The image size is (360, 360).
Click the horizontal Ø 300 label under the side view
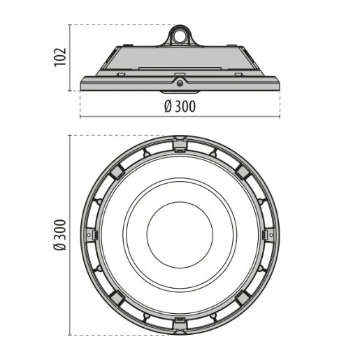(180, 106)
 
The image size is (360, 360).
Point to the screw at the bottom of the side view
(180, 84)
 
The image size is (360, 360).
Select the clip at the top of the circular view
(180, 145)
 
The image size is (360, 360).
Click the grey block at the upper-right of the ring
(243, 172)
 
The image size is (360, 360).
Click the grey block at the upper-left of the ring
(118, 172)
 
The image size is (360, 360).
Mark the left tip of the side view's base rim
(81, 82)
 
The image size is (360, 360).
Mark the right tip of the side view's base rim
(280, 82)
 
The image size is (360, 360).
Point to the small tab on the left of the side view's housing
(121, 72)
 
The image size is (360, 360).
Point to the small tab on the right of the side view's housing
(239, 72)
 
